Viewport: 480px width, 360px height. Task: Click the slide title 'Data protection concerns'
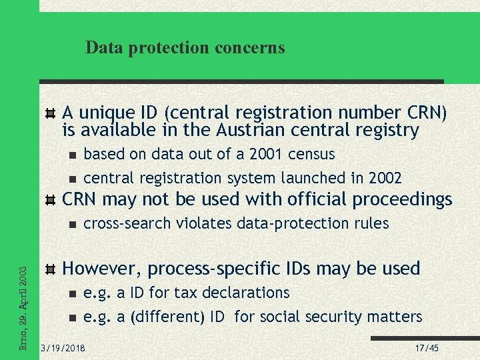pyautogui.click(x=185, y=48)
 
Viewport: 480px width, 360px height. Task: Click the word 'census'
pyautogui.click(x=312, y=155)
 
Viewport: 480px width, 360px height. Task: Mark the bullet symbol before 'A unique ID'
pyautogui.click(x=50, y=112)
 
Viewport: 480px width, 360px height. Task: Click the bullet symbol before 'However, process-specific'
pyautogui.click(x=50, y=269)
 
